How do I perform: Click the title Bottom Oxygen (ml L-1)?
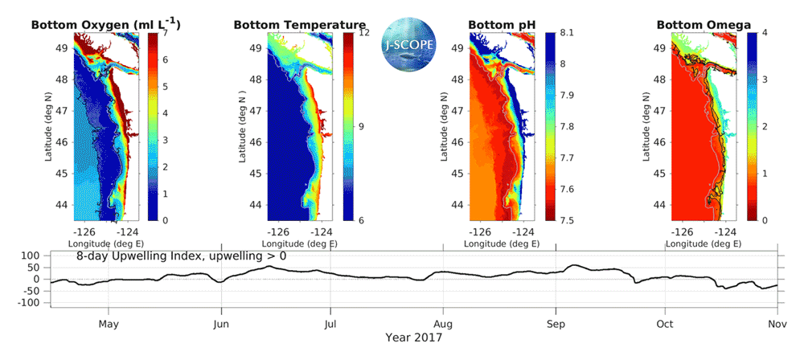[105, 25]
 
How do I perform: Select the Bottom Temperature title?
[299, 25]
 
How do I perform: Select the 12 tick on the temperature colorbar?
[363, 33]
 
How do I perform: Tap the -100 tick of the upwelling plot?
[29, 303]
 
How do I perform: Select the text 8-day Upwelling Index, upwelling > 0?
[182, 256]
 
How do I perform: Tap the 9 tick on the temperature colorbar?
[361, 126]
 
